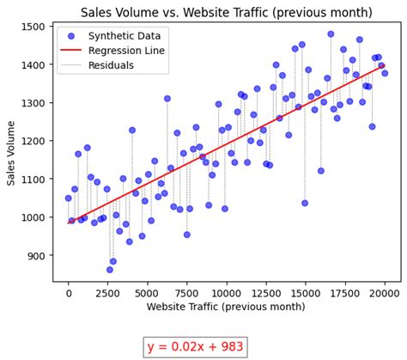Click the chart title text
point(227,12)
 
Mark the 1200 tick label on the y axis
point(36,142)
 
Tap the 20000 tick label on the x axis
point(385,294)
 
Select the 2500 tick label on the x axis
point(108,294)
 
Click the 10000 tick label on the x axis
point(227,294)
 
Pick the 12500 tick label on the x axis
point(266,294)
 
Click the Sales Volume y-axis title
point(12,154)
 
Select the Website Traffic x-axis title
point(227,308)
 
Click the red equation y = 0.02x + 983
point(196,346)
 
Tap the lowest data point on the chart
point(110,270)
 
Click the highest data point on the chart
point(331,34)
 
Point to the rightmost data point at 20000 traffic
point(385,73)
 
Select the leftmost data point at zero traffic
point(69,198)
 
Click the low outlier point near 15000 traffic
point(305,204)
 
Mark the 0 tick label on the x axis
point(69,294)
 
